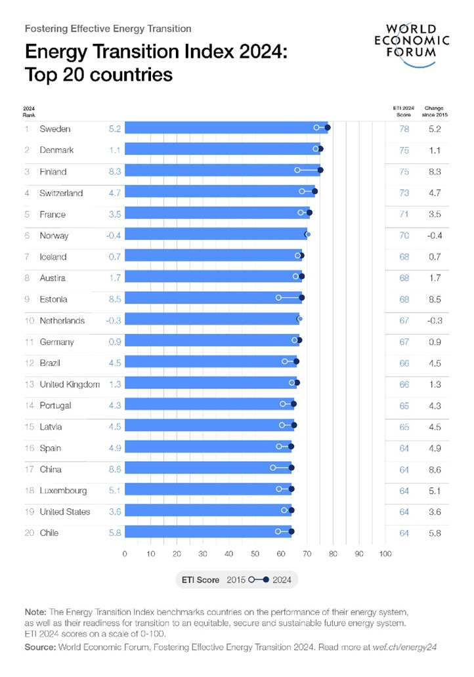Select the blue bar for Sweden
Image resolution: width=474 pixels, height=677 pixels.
(223, 129)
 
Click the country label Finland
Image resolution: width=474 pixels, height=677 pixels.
(53, 172)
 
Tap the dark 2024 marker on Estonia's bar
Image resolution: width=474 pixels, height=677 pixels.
(301, 298)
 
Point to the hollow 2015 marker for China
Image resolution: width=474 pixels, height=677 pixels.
(273, 468)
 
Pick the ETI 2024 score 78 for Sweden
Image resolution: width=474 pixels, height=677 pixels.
(404, 129)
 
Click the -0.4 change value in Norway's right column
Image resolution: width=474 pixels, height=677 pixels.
(434, 236)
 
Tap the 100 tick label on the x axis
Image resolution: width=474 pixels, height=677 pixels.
(385, 554)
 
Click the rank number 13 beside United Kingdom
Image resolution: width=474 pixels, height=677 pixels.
(30, 384)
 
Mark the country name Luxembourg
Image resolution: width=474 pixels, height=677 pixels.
(64, 491)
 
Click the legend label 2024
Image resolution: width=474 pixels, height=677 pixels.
(284, 580)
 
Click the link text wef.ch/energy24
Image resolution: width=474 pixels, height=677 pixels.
(412, 647)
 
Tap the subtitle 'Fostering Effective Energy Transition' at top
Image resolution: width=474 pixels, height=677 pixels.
(108, 29)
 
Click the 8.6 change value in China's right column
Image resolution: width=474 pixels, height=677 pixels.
(434, 470)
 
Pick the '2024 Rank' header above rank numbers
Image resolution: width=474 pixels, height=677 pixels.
(30, 111)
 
